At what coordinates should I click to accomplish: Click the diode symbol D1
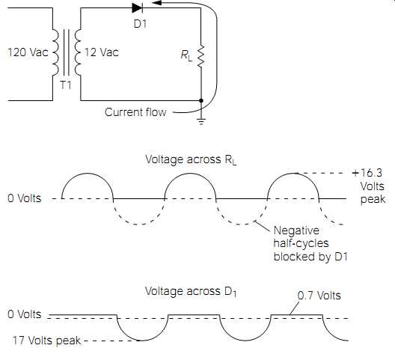tap(138, 8)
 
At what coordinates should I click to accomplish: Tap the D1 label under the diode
tap(140, 24)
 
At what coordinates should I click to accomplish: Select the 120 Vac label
tap(28, 52)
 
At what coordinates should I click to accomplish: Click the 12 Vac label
tap(101, 52)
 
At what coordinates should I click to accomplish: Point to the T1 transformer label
tap(66, 85)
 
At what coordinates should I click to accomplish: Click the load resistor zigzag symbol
tap(201, 56)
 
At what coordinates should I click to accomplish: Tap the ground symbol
tap(201, 121)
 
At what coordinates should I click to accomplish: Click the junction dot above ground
tap(201, 100)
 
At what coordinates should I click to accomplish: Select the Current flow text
tap(135, 112)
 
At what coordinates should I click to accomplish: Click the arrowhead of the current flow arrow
tap(156, 3)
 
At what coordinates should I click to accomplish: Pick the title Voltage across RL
tap(192, 160)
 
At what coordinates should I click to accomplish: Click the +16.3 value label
tap(367, 173)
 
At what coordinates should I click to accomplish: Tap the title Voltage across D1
tap(191, 292)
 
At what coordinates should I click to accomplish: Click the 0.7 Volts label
tap(319, 295)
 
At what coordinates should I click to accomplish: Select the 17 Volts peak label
tap(47, 341)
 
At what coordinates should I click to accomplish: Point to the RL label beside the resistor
tap(186, 55)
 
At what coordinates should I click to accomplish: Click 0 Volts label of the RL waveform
tap(25, 198)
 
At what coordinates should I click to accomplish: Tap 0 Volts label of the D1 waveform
tap(25, 314)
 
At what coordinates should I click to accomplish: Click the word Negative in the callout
tap(296, 231)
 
